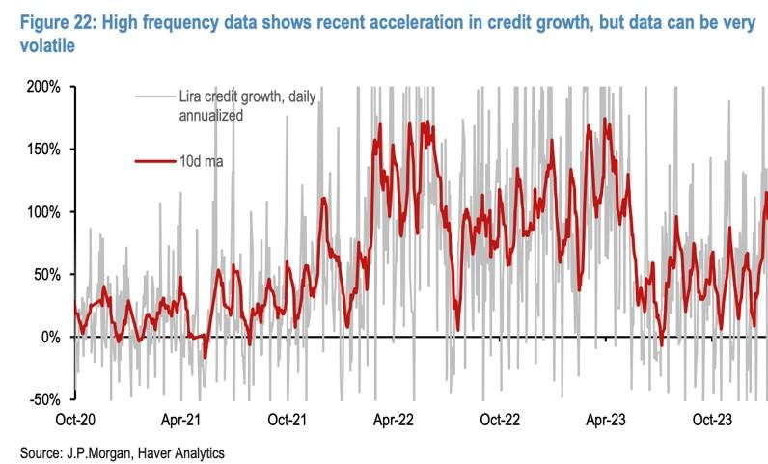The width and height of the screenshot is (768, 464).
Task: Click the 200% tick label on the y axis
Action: tap(44, 87)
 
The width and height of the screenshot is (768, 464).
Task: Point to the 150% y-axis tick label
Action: tap(44, 150)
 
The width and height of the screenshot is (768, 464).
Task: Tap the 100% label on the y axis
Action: tap(44, 212)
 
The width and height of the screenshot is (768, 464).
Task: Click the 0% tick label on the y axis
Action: tap(51, 337)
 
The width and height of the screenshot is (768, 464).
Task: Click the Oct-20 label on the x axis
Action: tap(75, 421)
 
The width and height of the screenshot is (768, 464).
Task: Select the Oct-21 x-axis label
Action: tap(287, 421)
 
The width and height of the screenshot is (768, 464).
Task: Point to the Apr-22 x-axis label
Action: tap(393, 421)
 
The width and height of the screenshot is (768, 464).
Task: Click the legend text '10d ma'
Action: tap(203, 161)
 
